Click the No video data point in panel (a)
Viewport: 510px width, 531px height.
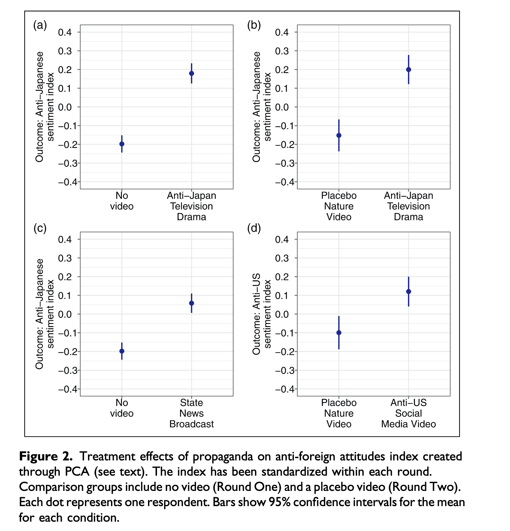coord(122,144)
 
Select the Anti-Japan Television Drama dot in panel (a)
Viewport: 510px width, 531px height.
coord(192,73)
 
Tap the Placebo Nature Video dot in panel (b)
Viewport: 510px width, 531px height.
coord(339,135)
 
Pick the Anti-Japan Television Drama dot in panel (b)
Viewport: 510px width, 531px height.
coord(409,70)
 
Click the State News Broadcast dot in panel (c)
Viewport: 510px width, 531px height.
coord(192,303)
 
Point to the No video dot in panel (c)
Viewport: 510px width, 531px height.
coord(122,351)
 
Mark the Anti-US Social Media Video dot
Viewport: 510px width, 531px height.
coord(409,292)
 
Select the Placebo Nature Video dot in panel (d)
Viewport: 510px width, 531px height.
coord(339,333)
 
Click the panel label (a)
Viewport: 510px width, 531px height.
coord(40,25)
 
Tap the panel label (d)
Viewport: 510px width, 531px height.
coord(254,229)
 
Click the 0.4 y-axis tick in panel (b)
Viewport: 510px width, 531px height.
coord(282,32)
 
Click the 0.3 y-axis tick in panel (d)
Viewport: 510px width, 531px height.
coord(282,258)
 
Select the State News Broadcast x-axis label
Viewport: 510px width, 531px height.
coord(192,413)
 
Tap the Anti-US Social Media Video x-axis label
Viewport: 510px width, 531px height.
coord(409,413)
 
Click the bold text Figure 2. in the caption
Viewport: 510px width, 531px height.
coord(46,456)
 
